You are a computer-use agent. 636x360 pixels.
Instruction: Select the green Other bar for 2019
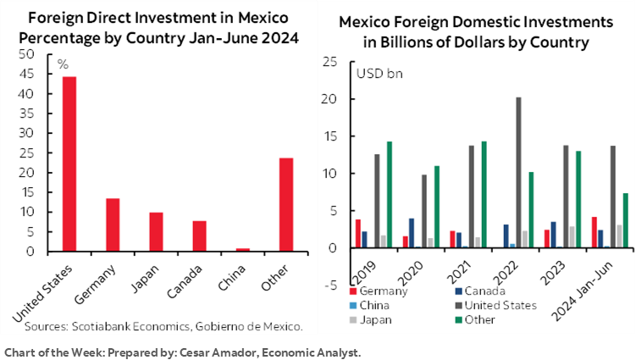[389, 194]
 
